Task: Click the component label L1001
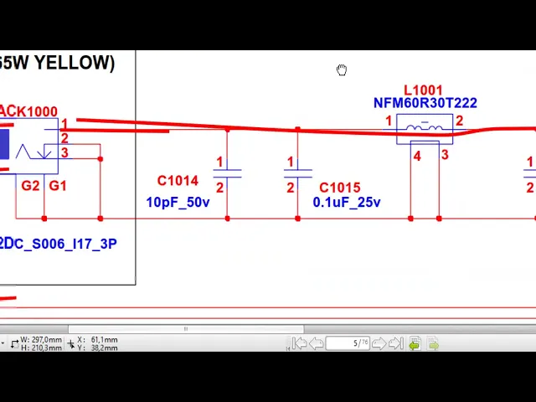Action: point(423,90)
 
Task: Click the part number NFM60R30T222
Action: point(425,103)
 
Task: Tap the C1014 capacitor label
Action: point(178,181)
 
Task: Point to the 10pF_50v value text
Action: point(178,202)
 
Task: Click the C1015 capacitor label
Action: point(339,188)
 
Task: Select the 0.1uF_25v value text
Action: point(347,203)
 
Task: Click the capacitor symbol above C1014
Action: point(227,173)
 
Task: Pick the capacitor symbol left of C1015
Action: point(297,173)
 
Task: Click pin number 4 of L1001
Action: point(417,156)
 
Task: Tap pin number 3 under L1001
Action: point(445,155)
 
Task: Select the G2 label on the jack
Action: point(30,185)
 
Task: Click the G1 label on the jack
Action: point(58,185)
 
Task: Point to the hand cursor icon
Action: point(342,70)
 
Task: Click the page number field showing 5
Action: point(348,343)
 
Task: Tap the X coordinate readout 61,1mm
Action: point(104,340)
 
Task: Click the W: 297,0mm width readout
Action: point(42,340)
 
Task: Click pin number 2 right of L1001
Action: point(459,122)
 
